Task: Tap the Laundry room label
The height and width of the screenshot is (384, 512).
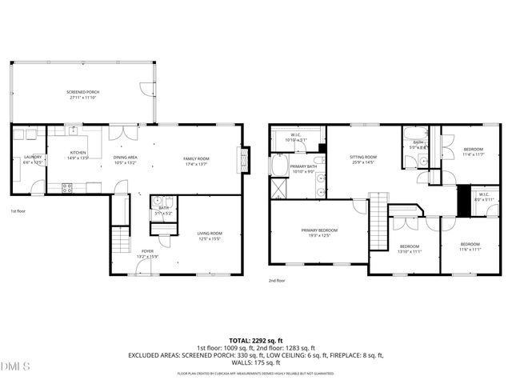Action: (x=32, y=159)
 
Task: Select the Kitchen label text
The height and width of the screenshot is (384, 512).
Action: (x=78, y=154)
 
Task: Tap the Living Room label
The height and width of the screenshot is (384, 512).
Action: (x=209, y=236)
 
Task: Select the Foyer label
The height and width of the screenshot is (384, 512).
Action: (x=147, y=254)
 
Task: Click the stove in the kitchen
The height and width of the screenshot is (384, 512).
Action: (x=67, y=188)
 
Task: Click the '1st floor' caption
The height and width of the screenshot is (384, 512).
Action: (x=19, y=211)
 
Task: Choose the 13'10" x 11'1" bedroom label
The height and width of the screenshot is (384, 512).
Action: (x=410, y=249)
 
